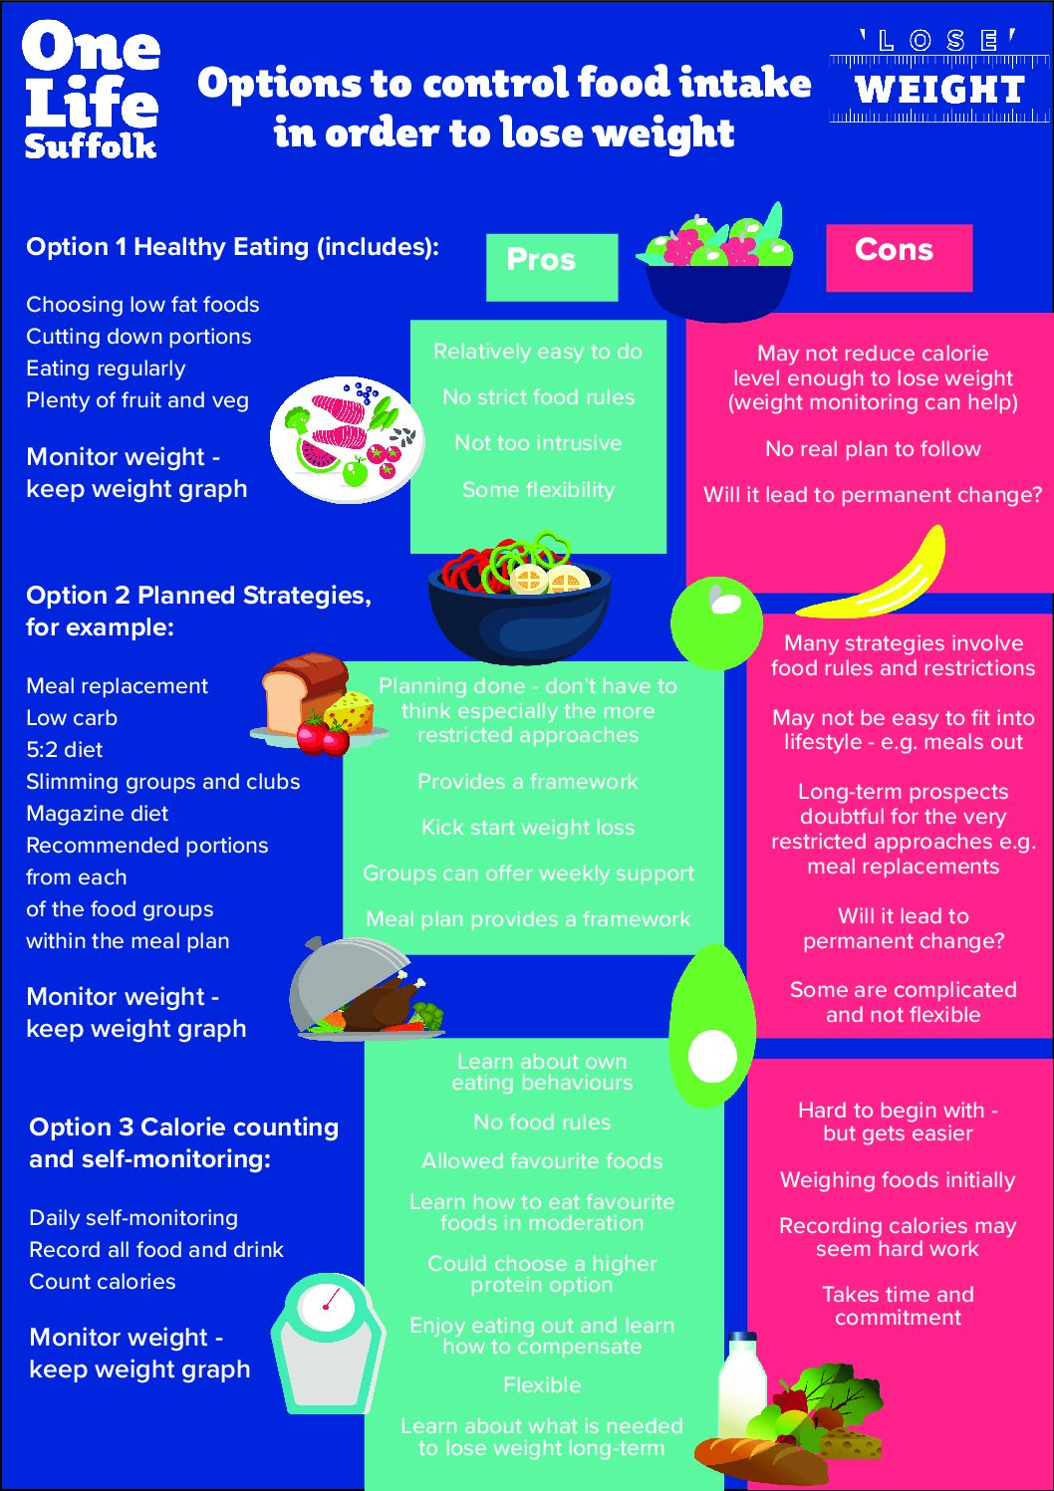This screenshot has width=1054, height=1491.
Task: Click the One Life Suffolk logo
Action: click(x=92, y=91)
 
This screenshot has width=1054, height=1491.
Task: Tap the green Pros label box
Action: click(x=552, y=268)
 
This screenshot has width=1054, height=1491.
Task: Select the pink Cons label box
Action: click(x=899, y=258)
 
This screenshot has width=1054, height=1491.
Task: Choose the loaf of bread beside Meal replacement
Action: click(x=303, y=692)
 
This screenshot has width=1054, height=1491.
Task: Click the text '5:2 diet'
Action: click(x=64, y=750)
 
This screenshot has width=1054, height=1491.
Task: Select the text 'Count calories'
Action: click(x=103, y=1281)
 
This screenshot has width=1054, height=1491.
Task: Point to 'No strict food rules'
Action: click(x=539, y=397)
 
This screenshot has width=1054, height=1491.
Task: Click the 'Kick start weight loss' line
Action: click(x=528, y=828)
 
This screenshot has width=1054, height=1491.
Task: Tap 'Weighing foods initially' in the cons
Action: click(x=898, y=1179)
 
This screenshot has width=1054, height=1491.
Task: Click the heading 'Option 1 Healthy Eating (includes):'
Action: click(x=232, y=247)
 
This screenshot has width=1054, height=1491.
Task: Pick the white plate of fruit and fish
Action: click(x=347, y=439)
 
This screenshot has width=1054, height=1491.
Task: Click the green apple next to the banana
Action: click(x=716, y=622)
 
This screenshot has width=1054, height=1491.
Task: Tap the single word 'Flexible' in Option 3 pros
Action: click(x=542, y=1385)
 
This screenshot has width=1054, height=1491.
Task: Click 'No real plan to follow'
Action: click(x=873, y=448)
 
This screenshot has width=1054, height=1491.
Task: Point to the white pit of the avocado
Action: click(x=712, y=1056)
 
